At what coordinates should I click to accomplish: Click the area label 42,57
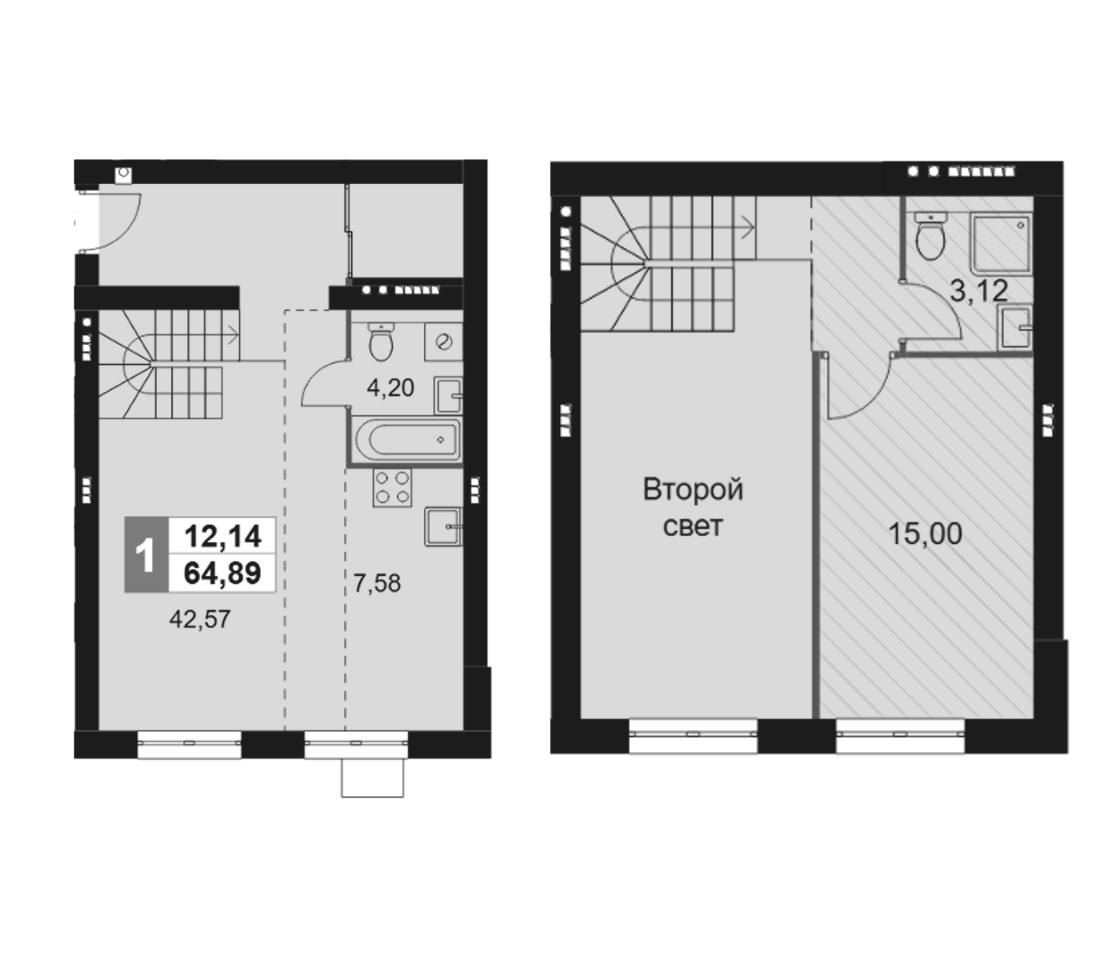click(199, 619)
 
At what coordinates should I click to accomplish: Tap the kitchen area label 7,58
click(376, 583)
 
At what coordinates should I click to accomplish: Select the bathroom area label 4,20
click(390, 388)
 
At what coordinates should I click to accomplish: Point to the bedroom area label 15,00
click(925, 534)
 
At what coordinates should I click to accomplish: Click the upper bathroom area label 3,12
click(979, 291)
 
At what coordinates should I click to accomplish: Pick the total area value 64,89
click(222, 573)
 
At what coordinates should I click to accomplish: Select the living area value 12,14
click(222, 536)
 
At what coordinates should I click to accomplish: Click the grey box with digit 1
click(146, 555)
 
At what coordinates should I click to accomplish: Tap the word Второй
click(692, 489)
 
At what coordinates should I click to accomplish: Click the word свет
click(692, 526)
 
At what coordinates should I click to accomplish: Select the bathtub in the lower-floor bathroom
click(407, 440)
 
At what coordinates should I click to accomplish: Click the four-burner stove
click(392, 487)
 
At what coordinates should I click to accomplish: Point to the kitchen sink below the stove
click(442, 526)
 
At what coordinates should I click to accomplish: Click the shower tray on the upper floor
click(1000, 243)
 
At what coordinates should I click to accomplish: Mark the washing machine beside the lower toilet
click(443, 341)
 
